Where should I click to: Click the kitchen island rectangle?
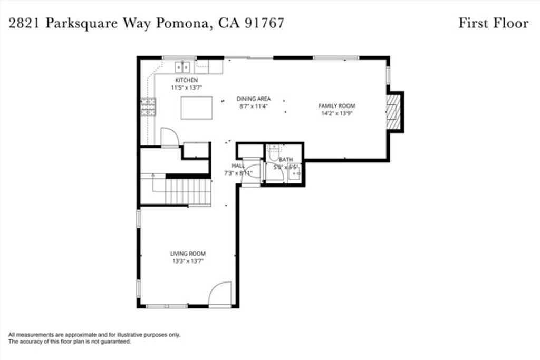(x=197, y=108)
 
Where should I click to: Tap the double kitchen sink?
(x=183, y=67)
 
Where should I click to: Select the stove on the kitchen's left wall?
(x=148, y=107)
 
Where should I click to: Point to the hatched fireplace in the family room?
(x=393, y=112)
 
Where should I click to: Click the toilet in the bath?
(x=273, y=153)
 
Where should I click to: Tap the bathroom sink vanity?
(x=294, y=173)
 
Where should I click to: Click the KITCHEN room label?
(x=183, y=80)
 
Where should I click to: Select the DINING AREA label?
(x=254, y=99)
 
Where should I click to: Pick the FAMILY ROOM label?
(x=336, y=105)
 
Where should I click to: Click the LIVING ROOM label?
(x=188, y=253)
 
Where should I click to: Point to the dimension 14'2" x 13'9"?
(x=336, y=113)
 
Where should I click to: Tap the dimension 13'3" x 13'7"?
(x=188, y=260)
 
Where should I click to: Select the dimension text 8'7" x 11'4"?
(x=254, y=106)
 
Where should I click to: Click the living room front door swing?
(x=220, y=294)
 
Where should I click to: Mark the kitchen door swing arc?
(x=169, y=137)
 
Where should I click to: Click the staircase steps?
(x=188, y=191)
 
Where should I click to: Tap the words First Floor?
(x=493, y=23)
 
